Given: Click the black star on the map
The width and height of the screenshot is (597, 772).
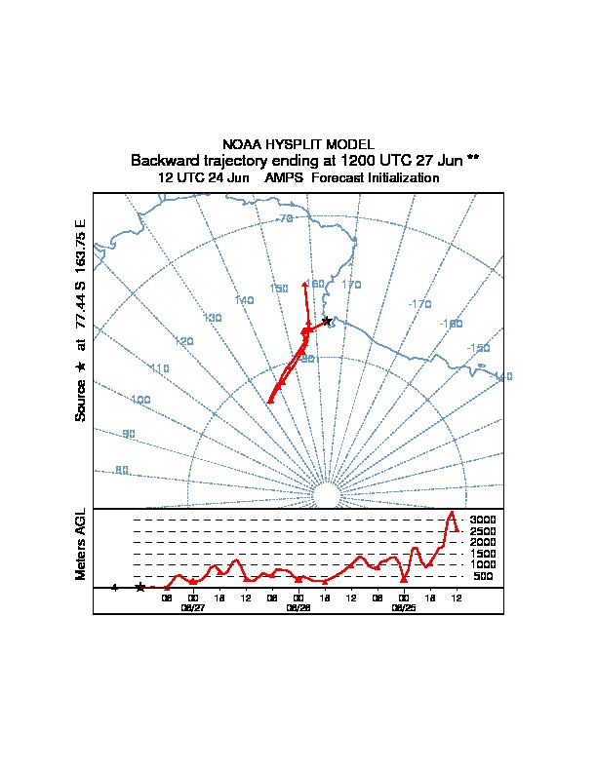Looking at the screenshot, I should click(x=327, y=321).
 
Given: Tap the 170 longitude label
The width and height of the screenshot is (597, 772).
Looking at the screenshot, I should click(x=351, y=285).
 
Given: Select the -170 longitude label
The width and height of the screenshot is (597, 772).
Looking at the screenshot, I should click(x=419, y=304).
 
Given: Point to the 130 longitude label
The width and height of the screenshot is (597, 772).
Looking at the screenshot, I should click(x=212, y=318).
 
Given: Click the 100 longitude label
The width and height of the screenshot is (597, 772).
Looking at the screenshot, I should click(x=140, y=400).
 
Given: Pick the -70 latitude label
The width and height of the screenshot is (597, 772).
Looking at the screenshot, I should click(x=284, y=218).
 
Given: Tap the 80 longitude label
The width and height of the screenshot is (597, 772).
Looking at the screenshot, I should click(x=121, y=470).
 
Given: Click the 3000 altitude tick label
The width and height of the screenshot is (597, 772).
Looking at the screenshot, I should click(x=483, y=520).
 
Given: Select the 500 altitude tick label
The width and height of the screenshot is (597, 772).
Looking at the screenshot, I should click(x=483, y=576).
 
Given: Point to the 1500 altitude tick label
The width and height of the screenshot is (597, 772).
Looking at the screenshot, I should click(x=483, y=554).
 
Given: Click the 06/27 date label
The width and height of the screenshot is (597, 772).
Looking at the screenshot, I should click(x=193, y=607).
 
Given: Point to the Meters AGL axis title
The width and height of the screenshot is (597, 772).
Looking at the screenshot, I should click(x=81, y=544).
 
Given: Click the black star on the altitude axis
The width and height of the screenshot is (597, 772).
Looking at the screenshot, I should click(x=140, y=587).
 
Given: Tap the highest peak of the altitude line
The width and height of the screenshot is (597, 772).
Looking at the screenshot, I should click(x=451, y=513).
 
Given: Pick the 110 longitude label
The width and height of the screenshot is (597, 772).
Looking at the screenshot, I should click(x=160, y=367).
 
